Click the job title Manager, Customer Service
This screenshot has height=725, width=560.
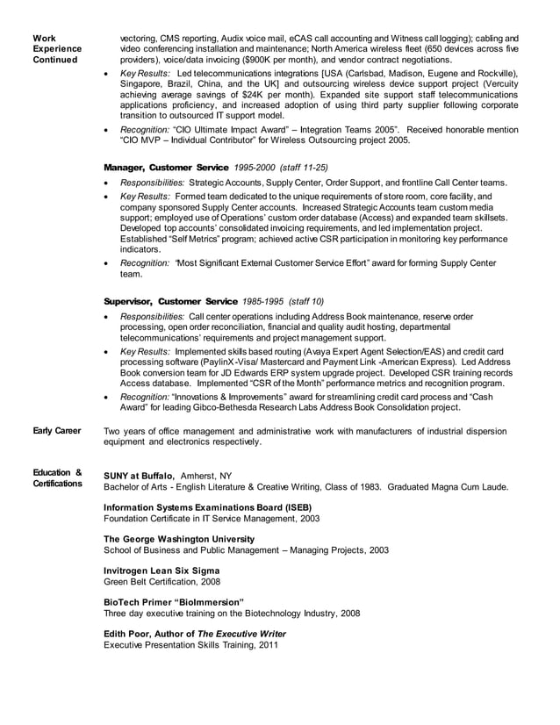(166, 167)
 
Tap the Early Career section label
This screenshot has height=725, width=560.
(57, 431)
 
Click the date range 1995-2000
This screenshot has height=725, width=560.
(256, 167)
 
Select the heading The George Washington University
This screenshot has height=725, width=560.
(179, 539)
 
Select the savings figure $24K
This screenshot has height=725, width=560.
(261, 94)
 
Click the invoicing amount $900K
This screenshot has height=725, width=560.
(248, 61)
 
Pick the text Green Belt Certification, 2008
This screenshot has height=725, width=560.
(162, 581)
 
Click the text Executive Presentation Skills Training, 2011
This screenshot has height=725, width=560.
(190, 645)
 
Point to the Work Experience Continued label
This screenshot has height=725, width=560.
(57, 49)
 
